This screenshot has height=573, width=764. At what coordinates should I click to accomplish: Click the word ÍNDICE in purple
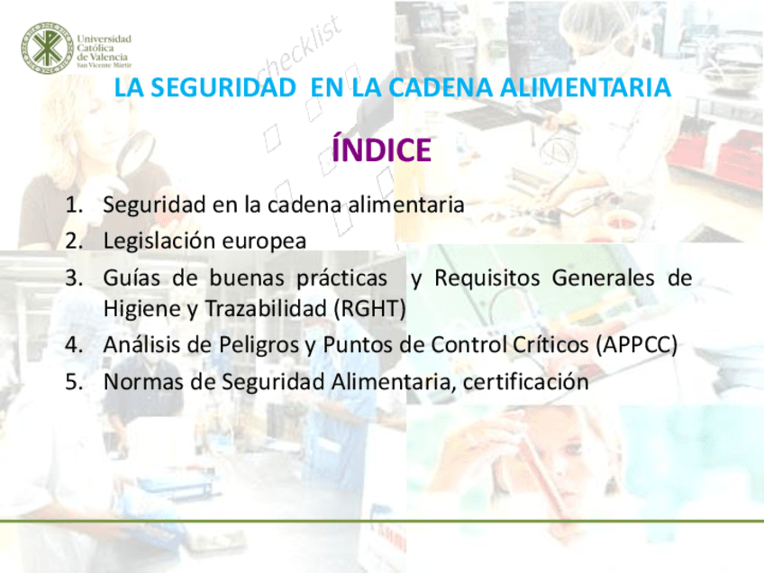coord(381,150)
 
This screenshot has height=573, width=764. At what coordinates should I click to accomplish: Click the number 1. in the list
coord(75,205)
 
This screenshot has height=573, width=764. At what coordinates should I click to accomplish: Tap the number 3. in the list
coord(75,278)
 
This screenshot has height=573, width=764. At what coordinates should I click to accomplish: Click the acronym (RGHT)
coord(369,309)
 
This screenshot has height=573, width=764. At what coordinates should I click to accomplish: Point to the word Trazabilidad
coord(266,309)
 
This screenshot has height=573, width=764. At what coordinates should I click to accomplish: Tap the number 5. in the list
coord(75,382)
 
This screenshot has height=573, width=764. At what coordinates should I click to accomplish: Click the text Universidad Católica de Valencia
coord(105,50)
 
